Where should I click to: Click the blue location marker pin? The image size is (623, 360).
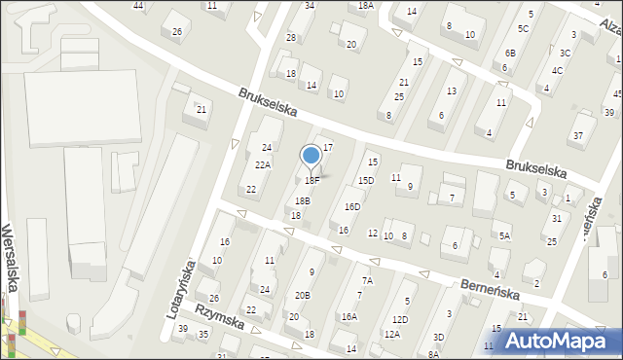[x=311, y=156]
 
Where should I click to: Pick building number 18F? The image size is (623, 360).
[x=311, y=180]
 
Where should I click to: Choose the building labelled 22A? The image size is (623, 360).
[x=263, y=165]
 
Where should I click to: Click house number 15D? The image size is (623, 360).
[x=365, y=180]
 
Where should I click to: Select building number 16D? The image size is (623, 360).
[x=351, y=206]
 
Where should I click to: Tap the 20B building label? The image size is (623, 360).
[x=303, y=295]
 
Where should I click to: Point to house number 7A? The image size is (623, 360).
[x=366, y=280]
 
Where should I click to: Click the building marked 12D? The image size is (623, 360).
[x=400, y=319]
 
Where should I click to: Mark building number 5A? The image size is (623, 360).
[x=504, y=235]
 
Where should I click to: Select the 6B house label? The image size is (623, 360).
[x=510, y=54]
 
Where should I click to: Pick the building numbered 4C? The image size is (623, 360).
[x=557, y=70]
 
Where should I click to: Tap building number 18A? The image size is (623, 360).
[x=365, y=5]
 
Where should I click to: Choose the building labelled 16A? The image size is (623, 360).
[x=348, y=316]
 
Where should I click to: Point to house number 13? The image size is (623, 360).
[x=451, y=90]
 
